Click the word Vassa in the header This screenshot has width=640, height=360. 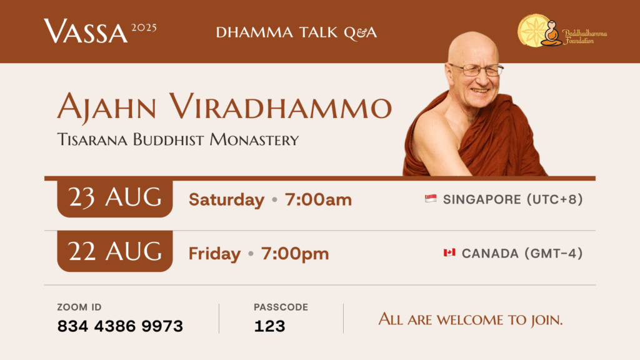pyautogui.click(x=86, y=31)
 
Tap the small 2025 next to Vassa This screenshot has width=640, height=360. pyautogui.click(x=144, y=27)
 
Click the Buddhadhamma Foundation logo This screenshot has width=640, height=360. pyautogui.click(x=562, y=31)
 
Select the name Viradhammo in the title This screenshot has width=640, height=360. pyautogui.click(x=281, y=107)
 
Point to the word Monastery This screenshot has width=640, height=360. pyautogui.click(x=254, y=140)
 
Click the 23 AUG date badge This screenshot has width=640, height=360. pyautogui.click(x=115, y=198)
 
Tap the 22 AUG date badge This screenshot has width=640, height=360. pyautogui.click(x=115, y=251)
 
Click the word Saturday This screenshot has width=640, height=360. pyautogui.click(x=226, y=200)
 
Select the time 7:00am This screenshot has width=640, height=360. pyautogui.click(x=318, y=200)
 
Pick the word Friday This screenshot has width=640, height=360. pyautogui.click(x=215, y=254)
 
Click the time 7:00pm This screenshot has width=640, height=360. pyautogui.click(x=295, y=254)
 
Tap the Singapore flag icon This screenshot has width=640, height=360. pyautogui.click(x=431, y=199)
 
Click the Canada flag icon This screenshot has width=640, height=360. pyautogui.click(x=449, y=252)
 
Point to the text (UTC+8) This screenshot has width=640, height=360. pyautogui.click(x=555, y=199)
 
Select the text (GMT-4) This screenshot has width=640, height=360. pyautogui.click(x=554, y=254)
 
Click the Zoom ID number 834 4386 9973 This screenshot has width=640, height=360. pyautogui.click(x=120, y=326)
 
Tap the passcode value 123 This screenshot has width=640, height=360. pyautogui.click(x=269, y=326)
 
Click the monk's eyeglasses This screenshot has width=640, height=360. pyautogui.click(x=477, y=70)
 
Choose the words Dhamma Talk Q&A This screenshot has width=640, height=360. pyautogui.click(x=296, y=32)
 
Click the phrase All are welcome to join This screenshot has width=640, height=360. pyautogui.click(x=471, y=319)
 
